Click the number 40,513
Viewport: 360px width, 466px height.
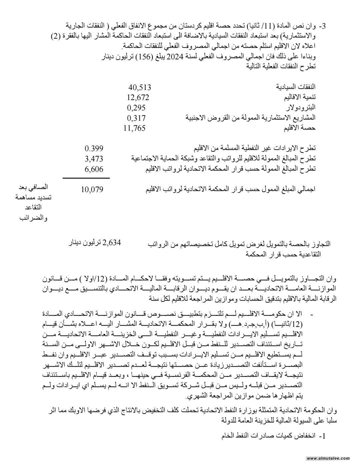point(140,88)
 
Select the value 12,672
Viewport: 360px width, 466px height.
point(138,98)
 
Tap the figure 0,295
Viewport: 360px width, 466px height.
point(136,108)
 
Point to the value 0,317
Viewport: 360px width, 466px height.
point(136,118)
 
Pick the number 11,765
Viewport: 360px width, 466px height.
point(134,128)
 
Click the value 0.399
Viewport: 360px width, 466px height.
point(94,148)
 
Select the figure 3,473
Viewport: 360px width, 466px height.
point(94,159)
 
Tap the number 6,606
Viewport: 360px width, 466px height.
point(94,169)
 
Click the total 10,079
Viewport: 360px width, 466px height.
point(92,190)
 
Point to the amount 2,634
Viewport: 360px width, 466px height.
point(112,243)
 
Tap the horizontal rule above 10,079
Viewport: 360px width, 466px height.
point(86,178)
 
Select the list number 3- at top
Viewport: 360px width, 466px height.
point(322,26)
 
